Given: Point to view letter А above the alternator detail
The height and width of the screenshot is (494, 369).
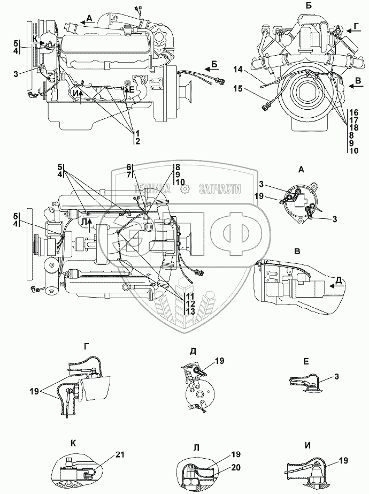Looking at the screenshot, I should (301, 169).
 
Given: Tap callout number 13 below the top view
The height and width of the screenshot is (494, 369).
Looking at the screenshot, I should (189, 311).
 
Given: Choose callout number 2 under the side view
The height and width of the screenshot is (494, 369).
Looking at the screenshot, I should (138, 141).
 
